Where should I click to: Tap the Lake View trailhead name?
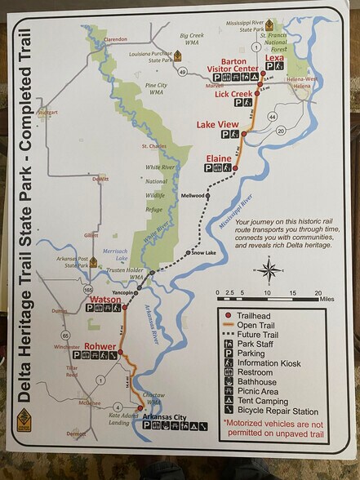click(217, 125)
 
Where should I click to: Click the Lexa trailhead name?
click(274, 57)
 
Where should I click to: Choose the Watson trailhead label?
click(103, 299)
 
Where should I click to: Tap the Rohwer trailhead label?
click(100, 345)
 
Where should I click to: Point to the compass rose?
click(272, 269)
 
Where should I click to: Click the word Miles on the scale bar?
click(327, 300)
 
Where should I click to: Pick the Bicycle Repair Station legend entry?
click(277, 410)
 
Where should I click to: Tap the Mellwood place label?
click(192, 196)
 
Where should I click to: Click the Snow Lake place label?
click(192, 253)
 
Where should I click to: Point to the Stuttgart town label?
click(47, 113)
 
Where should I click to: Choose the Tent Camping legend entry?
click(266, 400)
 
